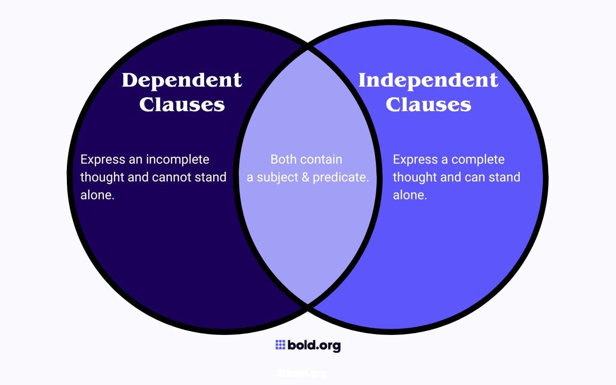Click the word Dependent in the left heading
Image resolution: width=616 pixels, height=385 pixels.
(181, 80)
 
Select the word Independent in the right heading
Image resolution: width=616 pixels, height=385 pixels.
(428, 80)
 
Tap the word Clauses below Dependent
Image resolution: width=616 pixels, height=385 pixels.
(181, 104)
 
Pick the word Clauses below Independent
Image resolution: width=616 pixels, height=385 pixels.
(428, 104)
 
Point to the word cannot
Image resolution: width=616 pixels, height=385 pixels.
(171, 177)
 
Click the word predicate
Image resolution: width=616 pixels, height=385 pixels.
(341, 178)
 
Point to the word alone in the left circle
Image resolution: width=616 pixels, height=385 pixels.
(96, 195)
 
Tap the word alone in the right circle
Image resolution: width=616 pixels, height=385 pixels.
(409, 195)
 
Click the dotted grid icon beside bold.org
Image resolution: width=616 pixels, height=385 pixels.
(281, 345)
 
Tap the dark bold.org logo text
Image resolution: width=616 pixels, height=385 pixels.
(314, 345)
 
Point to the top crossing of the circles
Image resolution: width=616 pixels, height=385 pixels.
(308, 47)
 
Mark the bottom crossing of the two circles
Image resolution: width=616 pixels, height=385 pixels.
(308, 305)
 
